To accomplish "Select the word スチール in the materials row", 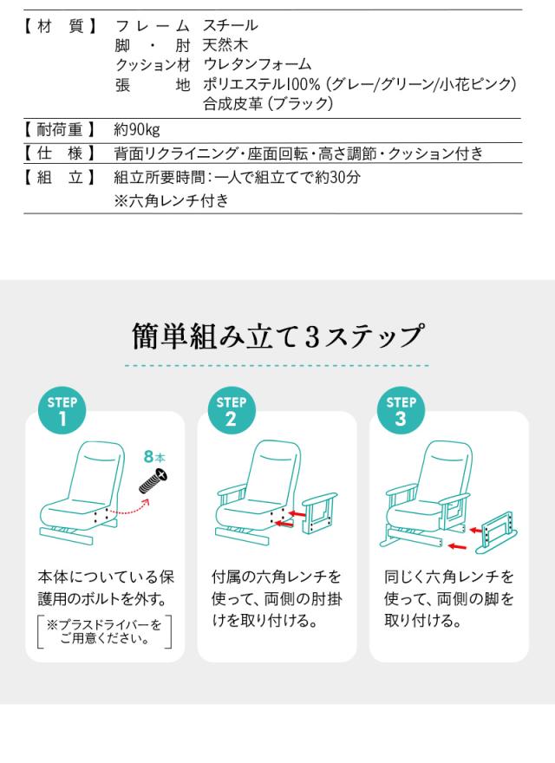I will pos(231,26).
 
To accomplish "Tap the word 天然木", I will pos(224,45).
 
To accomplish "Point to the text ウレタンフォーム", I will pos(257,65).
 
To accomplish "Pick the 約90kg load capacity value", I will pos(137,130).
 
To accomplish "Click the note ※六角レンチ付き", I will pos(172,201).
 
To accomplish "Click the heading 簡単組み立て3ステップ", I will pos(277,335).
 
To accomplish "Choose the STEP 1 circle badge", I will pos(62,411).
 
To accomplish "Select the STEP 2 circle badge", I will pos(231,411).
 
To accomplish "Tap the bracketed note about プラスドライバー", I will pos(104,632).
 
